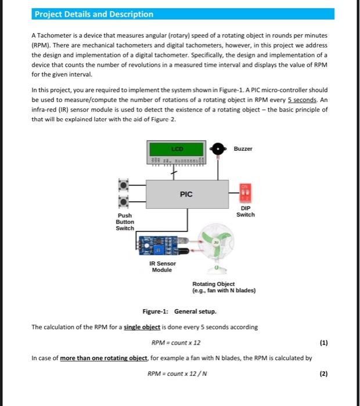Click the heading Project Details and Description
[93, 14]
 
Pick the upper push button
[124, 185]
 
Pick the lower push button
[124, 202]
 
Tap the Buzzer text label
[243, 148]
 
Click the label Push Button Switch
[125, 222]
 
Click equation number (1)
[323, 342]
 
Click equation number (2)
[323, 374]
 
